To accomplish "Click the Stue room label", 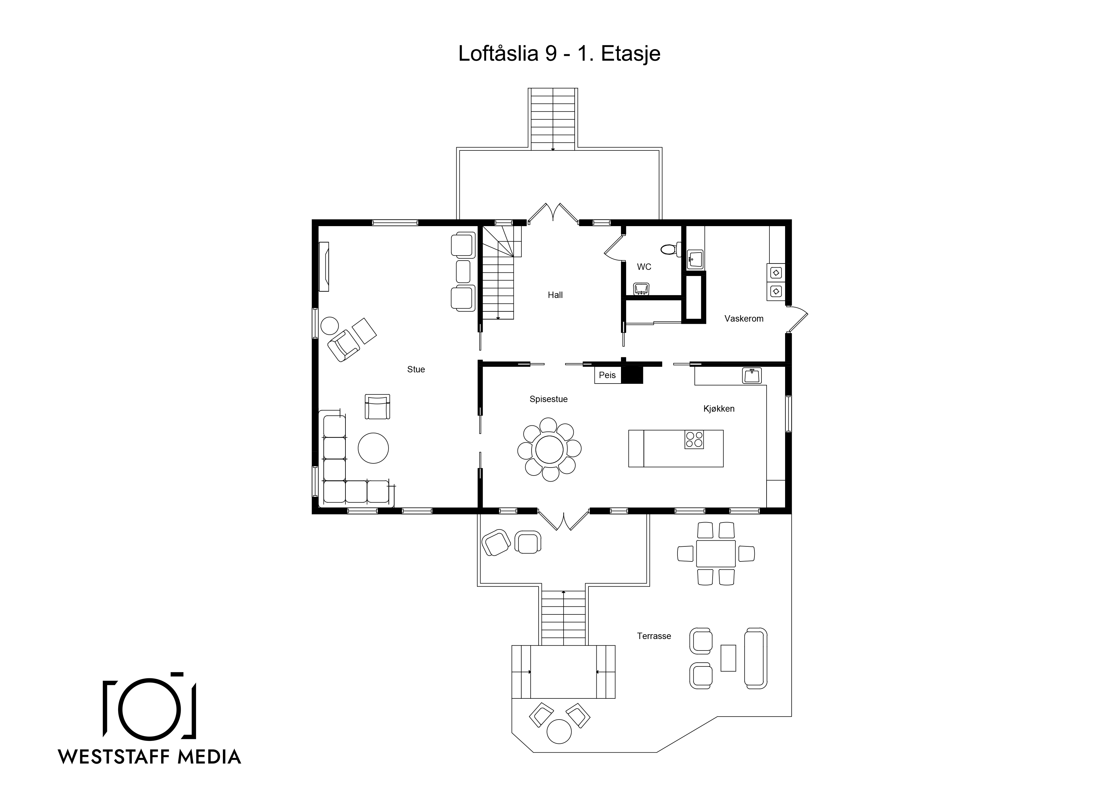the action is pos(416,369).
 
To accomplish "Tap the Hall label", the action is pos(555,295).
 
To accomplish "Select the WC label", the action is pos(644,267).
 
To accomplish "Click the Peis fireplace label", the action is pos(607,375).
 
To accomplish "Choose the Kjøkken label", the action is pos(719,409).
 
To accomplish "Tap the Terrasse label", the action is pos(654,636).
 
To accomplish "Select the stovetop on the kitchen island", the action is pos(694,439).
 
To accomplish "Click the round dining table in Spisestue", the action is pos(549,449).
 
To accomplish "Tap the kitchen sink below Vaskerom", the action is pos(752,375).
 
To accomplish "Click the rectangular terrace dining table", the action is pos(715,553).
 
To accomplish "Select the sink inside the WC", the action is pos(641,289).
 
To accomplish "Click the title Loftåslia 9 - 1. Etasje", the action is pos(559,54).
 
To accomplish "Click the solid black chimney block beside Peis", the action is pos(632,375).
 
